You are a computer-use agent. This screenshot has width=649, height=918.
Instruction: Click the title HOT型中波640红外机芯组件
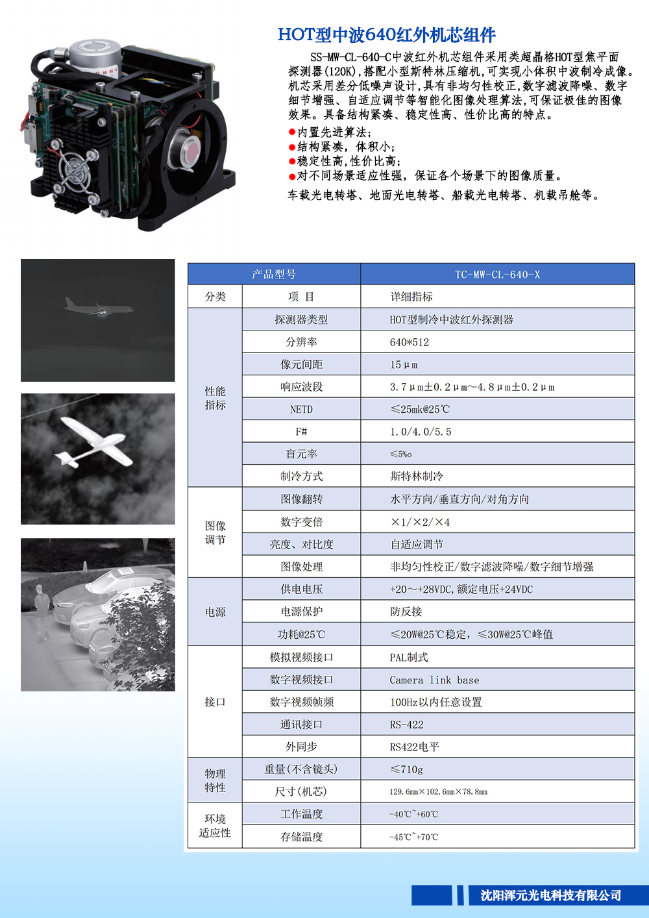(387, 34)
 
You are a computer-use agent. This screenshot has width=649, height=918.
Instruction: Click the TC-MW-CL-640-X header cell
(497, 275)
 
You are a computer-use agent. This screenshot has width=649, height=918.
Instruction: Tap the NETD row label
(301, 410)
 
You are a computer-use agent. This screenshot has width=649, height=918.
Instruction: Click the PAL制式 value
(408, 658)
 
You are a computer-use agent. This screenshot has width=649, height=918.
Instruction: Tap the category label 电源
(215, 612)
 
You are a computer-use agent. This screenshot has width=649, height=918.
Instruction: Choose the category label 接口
(215, 702)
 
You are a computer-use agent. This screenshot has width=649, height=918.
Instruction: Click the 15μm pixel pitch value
(404, 365)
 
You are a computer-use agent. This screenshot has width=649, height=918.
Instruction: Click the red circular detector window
(191, 150)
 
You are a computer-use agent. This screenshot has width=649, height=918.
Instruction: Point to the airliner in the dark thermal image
(99, 307)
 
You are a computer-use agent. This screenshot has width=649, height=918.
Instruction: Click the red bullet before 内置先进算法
(292, 132)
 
